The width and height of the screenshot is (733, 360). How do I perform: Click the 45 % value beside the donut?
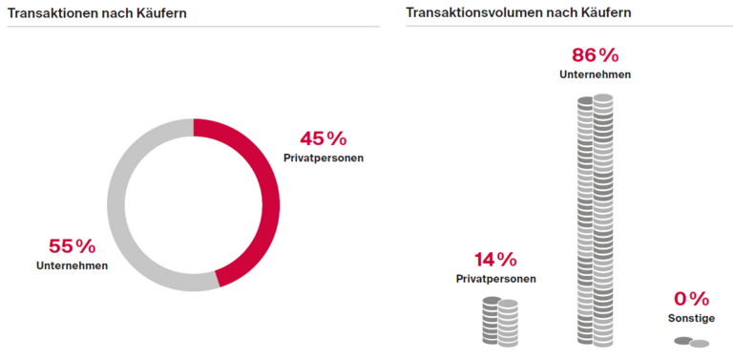(323, 138)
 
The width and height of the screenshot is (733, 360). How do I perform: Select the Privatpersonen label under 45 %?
(324, 158)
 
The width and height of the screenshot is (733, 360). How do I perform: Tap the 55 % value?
(73, 246)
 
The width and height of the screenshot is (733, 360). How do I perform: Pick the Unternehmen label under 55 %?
(73, 265)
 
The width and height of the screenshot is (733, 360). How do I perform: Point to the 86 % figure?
(595, 54)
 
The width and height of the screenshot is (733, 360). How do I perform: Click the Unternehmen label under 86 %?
(595, 74)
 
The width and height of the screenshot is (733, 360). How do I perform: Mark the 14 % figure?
(495, 259)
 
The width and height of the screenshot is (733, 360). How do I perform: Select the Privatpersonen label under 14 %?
(495, 279)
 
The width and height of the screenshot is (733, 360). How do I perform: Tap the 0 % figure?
(691, 299)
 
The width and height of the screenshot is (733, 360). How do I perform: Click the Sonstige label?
(691, 318)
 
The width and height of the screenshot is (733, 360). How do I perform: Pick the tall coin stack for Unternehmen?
(595, 220)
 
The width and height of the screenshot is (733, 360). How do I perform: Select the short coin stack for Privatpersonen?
(499, 322)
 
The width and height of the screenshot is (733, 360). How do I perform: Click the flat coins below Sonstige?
(692, 342)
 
